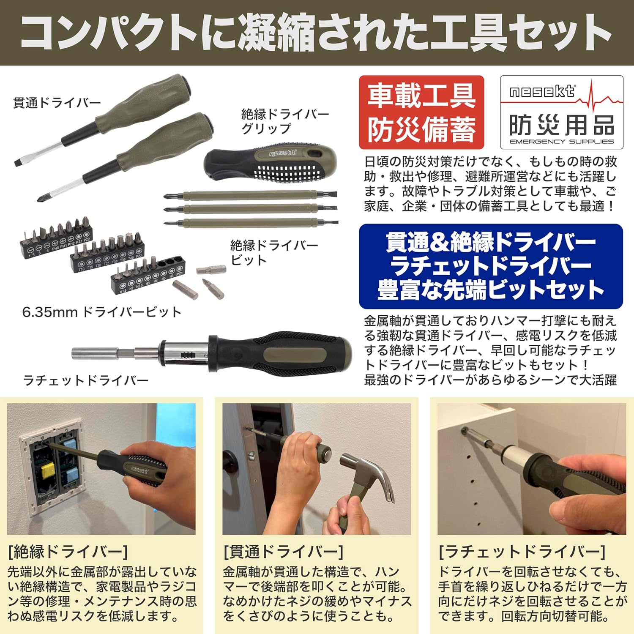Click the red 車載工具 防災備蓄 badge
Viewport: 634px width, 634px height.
tap(421, 112)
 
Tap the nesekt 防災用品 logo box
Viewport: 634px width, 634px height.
tap(562, 112)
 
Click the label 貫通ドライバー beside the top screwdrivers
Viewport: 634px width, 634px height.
tap(57, 103)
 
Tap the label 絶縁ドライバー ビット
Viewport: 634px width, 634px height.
tap(274, 252)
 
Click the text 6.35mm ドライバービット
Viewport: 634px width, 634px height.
tap(102, 312)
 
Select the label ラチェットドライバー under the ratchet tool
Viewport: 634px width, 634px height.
tap(86, 380)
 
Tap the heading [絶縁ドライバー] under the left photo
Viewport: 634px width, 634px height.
tap(68, 552)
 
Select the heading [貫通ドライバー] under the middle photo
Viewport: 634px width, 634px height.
tap(284, 552)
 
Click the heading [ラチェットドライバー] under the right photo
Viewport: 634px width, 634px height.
tap(522, 552)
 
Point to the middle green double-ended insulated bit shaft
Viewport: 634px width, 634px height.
tap(251, 209)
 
